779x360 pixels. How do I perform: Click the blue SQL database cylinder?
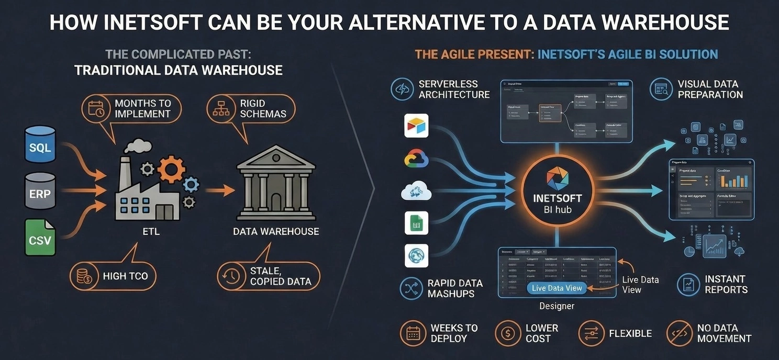(40, 144)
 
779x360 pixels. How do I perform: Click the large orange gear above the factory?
(171, 168)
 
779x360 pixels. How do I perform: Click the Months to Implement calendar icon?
(96, 108)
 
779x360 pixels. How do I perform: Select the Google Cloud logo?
(416, 159)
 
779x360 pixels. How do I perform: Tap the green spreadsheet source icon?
(416, 223)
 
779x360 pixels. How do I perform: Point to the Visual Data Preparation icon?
(661, 89)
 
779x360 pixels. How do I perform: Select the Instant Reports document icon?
(688, 284)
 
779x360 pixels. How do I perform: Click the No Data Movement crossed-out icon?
(678, 333)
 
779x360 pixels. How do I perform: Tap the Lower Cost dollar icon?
(506, 333)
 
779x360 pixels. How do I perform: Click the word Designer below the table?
(557, 306)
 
